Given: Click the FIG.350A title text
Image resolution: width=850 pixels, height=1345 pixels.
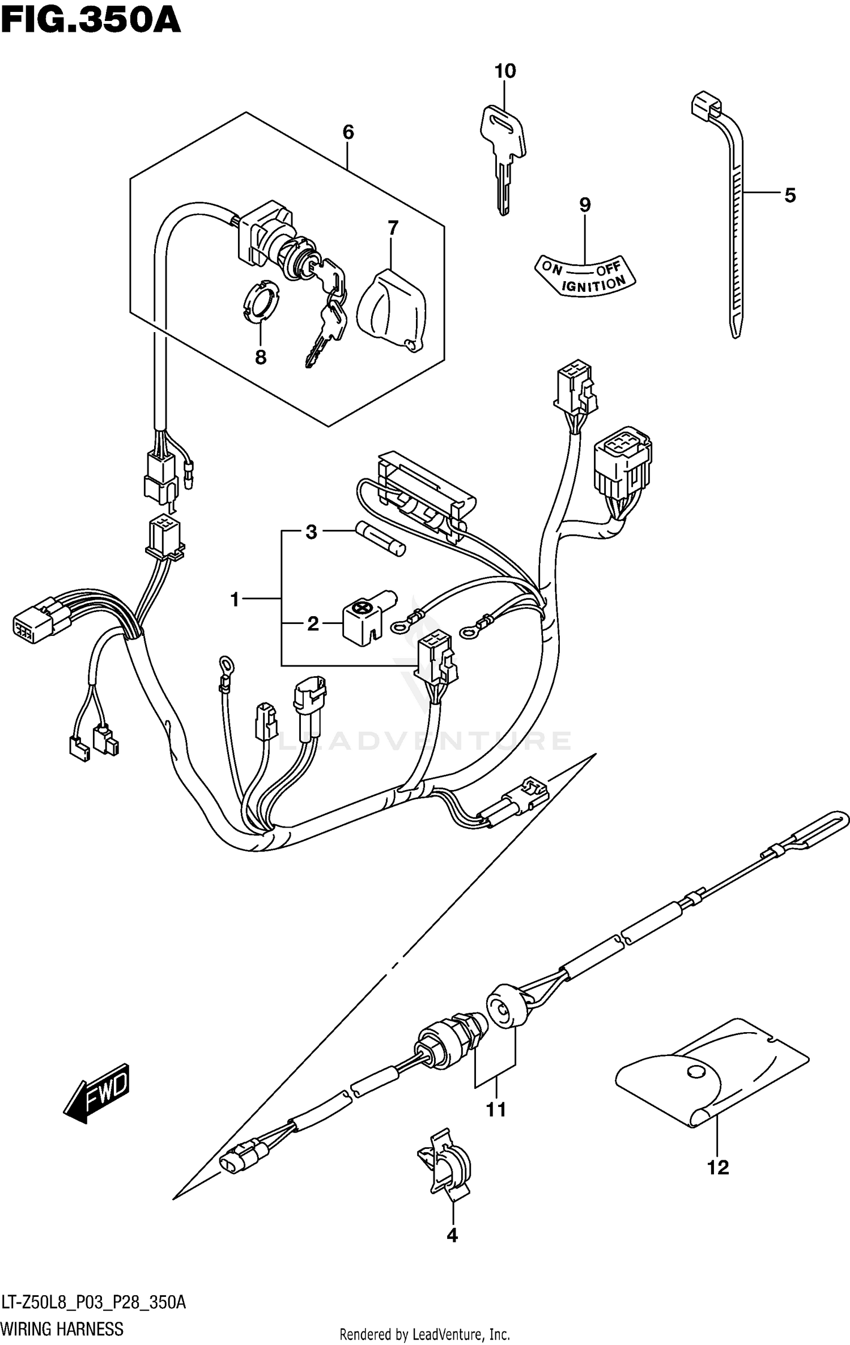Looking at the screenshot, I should [x=91, y=21].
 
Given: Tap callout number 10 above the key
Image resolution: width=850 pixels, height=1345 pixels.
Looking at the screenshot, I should [x=505, y=71].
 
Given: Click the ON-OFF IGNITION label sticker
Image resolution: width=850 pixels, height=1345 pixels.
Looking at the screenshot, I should [x=586, y=276].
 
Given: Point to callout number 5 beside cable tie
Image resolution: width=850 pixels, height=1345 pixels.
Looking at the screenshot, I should [x=790, y=196].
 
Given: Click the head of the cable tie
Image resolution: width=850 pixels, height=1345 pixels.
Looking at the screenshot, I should [x=706, y=105].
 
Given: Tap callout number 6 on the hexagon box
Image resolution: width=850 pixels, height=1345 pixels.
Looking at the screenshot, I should [x=348, y=133].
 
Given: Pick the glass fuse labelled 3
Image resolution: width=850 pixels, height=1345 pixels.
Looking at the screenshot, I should [x=380, y=539].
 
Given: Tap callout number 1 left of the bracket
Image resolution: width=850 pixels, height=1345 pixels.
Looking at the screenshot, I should [x=235, y=599].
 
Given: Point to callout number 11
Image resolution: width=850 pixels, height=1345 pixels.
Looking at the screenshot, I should [x=496, y=1109].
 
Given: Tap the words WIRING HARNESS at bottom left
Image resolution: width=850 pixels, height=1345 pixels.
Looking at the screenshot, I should [x=62, y=1329].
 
